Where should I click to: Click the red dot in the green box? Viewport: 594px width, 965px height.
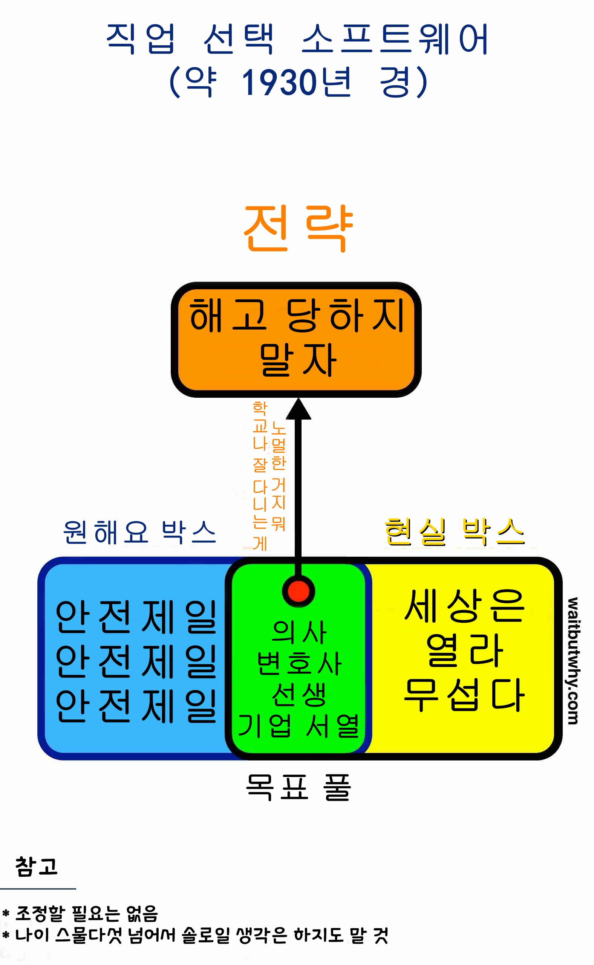298,591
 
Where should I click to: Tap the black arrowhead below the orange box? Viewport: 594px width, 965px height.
299,409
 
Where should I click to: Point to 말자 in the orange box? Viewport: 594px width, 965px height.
297,360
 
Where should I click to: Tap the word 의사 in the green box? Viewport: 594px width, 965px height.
299,632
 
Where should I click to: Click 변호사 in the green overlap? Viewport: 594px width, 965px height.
299,664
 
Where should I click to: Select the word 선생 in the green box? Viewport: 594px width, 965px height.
299,695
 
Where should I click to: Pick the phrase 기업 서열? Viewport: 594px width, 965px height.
299,725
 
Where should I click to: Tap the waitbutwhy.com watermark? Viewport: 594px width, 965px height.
573,661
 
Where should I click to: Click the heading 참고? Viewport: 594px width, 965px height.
37,866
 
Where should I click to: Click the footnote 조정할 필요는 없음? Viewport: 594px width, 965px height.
86,913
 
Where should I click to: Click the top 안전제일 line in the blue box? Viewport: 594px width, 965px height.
136,617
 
